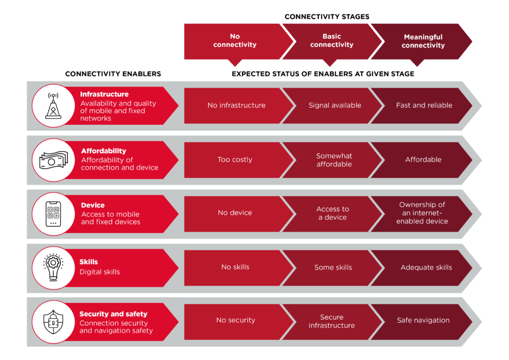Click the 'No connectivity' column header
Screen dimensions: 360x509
click(235, 41)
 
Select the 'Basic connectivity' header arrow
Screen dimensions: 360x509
click(332, 41)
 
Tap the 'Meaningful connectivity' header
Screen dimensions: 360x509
click(423, 41)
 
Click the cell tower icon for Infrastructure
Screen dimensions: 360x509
click(53, 105)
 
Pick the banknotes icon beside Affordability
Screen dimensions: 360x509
click(53, 160)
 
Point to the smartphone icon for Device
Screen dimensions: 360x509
click(53, 213)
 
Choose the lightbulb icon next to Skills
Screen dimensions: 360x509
click(53, 267)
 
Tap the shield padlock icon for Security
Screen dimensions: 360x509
click(53, 321)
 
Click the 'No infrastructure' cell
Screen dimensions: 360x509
click(236, 105)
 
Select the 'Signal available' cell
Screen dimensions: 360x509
click(335, 105)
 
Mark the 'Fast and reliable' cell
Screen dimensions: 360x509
click(424, 105)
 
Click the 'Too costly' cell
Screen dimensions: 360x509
click(235, 160)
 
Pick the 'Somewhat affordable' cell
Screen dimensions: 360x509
click(334, 160)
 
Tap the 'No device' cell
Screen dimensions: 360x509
click(235, 213)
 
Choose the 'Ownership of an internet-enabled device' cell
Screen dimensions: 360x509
click(422, 213)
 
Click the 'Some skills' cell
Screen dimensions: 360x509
click(333, 267)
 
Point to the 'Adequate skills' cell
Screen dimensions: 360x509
click(426, 267)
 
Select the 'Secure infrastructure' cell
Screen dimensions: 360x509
click(332, 321)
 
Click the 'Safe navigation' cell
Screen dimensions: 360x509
click(423, 321)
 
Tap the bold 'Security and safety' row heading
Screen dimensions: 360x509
click(113, 314)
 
